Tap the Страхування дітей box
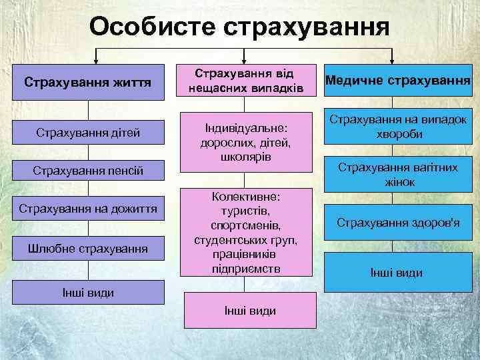click(x=87, y=133)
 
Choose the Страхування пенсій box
click(x=87, y=172)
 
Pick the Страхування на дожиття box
click(x=87, y=209)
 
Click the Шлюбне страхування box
click(x=87, y=249)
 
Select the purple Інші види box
click(x=87, y=292)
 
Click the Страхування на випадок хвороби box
click(x=397, y=126)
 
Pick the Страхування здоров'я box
click(x=397, y=223)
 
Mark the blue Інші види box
click(x=397, y=273)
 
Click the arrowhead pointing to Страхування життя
click(x=97, y=59)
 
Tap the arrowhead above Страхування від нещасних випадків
click(x=245, y=59)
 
